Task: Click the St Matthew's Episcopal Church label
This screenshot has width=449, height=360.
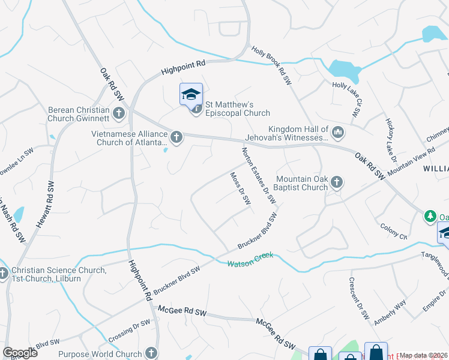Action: tap(238, 109)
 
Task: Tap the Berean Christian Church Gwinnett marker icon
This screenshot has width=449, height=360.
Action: tap(119, 112)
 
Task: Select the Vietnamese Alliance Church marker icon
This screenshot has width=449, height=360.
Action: tap(176, 138)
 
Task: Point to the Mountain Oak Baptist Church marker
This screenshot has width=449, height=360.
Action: tap(337, 181)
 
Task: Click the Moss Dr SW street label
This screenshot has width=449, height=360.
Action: tap(240, 189)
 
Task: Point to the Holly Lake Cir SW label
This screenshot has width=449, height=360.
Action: tap(349, 98)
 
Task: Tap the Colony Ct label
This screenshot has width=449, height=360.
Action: tap(393, 232)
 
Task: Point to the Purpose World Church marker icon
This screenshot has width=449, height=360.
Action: tap(151, 353)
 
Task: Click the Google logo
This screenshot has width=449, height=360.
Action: tap(20, 353)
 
